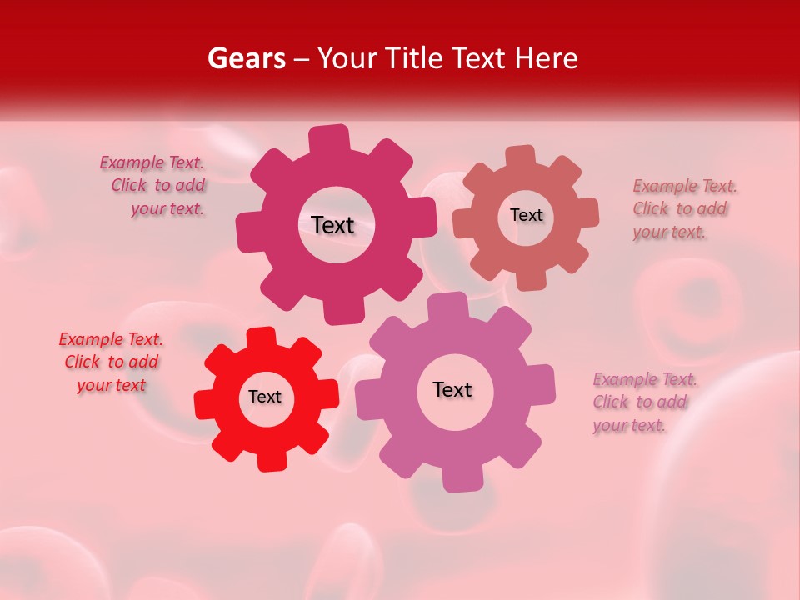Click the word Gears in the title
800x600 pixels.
[246, 58]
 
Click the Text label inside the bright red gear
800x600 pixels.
[265, 397]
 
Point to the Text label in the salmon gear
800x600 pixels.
[526, 215]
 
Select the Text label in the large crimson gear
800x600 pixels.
[332, 225]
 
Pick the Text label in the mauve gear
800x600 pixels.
[452, 389]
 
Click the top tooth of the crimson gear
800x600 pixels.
[328, 138]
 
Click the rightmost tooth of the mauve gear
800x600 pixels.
[543, 384]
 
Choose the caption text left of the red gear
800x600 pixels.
[111, 362]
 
